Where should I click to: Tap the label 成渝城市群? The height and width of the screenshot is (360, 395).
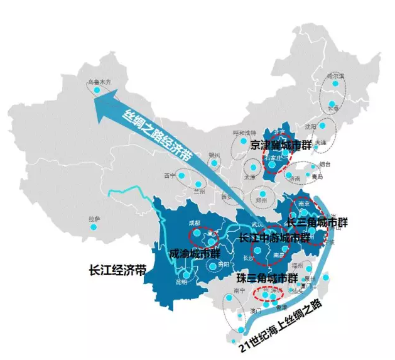click(195, 254)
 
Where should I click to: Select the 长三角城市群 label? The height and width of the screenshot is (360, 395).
click(317, 222)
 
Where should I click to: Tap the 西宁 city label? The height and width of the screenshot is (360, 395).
click(169, 175)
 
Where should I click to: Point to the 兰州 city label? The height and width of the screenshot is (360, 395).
click(200, 190)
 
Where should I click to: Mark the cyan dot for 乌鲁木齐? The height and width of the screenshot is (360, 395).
click(97, 90)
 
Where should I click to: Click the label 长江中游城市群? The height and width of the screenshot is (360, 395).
click(274, 238)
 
